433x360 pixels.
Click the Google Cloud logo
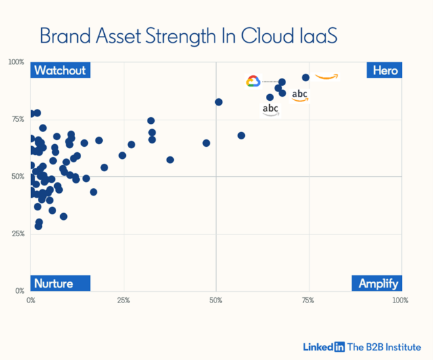(253, 81)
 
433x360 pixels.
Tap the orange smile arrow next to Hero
(326, 76)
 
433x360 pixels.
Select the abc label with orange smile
(300, 95)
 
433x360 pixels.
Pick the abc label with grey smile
(271, 110)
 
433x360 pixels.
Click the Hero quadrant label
(384, 70)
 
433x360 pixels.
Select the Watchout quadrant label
(60, 70)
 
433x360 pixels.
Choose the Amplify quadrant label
(377, 283)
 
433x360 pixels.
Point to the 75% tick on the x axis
(308, 299)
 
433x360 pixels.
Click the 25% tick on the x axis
(123, 299)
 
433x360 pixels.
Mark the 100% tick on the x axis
(399, 299)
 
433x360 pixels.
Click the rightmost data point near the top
(306, 78)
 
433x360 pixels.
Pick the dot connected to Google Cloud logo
(282, 82)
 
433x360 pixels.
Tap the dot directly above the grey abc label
(270, 97)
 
